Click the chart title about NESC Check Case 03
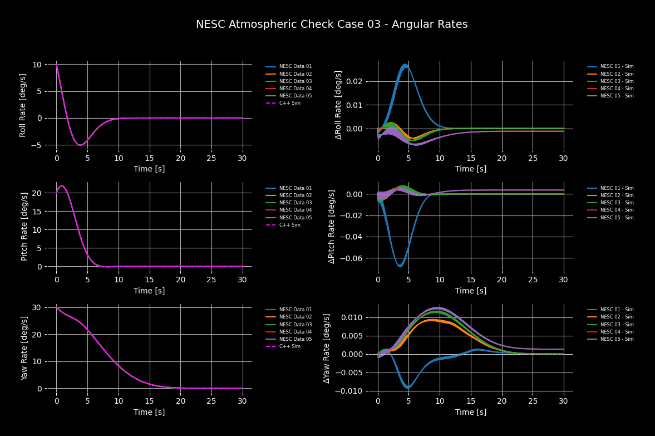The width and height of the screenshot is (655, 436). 332,25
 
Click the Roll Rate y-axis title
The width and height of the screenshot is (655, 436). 23,105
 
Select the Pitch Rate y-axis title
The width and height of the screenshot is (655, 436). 24,226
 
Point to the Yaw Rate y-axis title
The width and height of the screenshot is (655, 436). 24,347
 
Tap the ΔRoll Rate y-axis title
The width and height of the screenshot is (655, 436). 338,105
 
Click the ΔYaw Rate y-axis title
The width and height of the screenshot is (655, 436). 327,347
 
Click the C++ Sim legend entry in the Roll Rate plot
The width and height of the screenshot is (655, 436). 289,103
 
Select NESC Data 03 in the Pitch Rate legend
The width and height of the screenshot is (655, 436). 295,203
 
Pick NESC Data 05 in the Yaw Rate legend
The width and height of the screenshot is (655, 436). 295,339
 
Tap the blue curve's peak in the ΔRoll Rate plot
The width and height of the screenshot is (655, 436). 405,65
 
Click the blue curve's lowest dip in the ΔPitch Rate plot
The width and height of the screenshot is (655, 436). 400,266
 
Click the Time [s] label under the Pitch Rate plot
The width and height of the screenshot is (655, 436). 149,291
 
